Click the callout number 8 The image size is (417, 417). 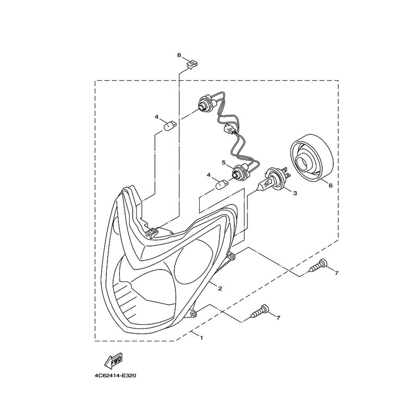(x=179, y=55)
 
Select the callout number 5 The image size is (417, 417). (x=224, y=162)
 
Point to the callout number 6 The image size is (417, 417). (x=330, y=186)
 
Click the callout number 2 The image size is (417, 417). (x=220, y=288)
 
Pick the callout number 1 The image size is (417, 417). (x=202, y=338)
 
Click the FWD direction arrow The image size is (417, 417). (x=113, y=361)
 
